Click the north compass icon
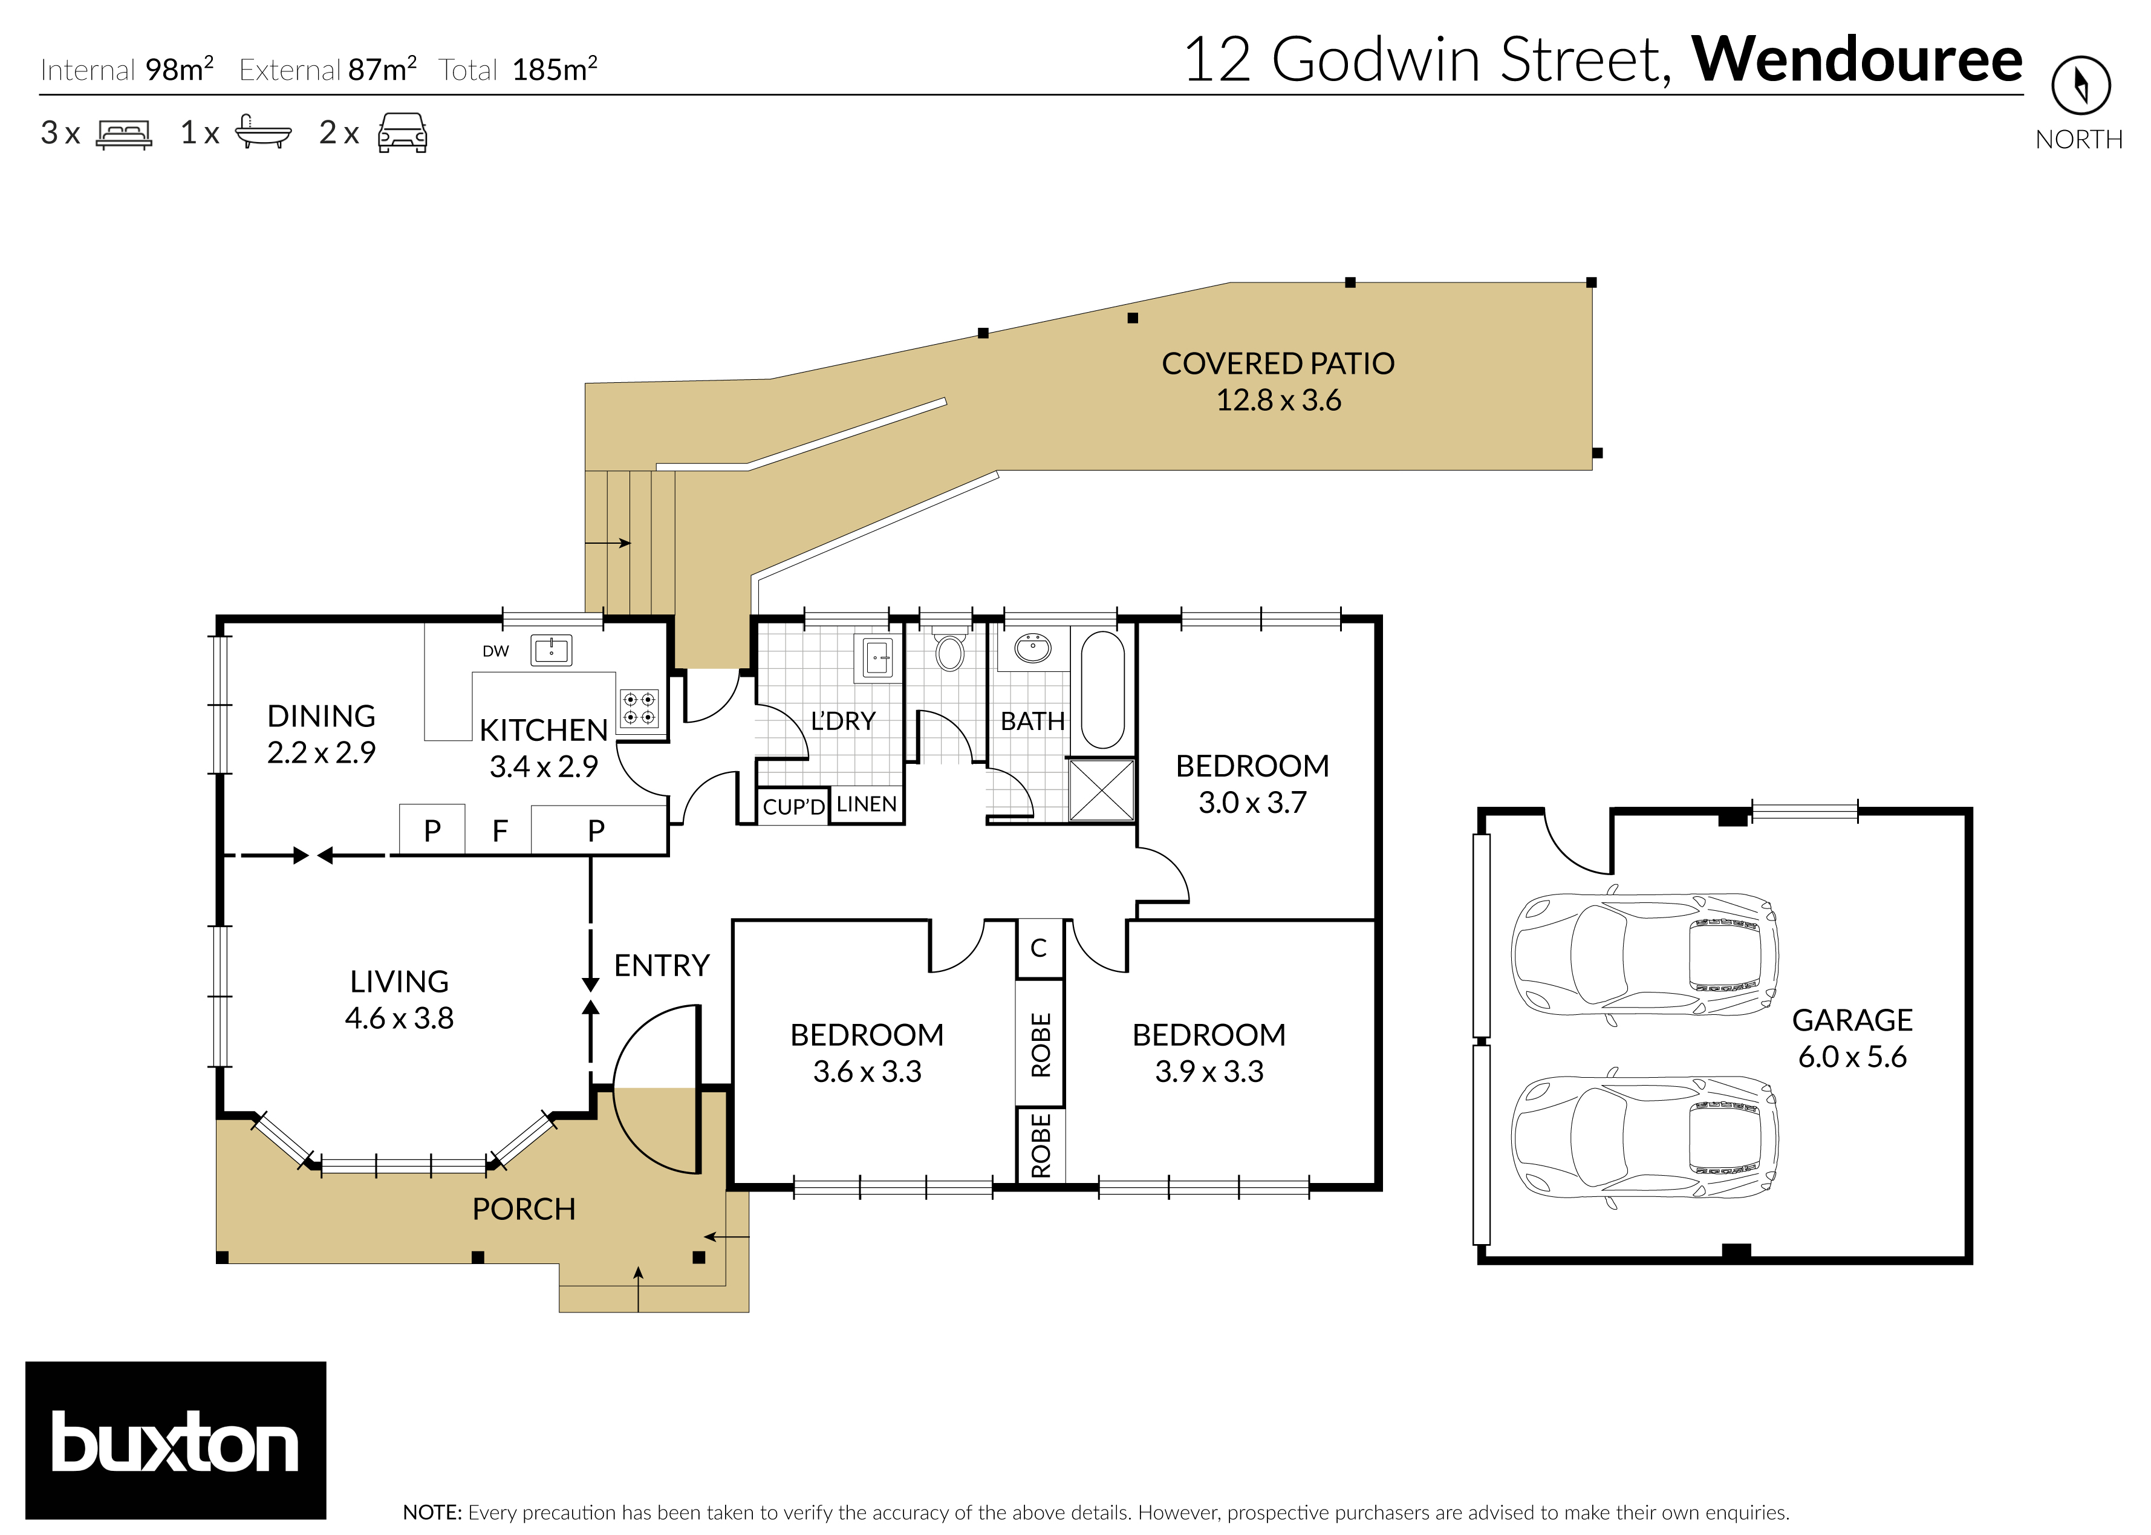(2080, 85)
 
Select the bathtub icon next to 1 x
(262, 132)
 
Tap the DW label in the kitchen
(495, 651)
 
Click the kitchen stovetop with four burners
(639, 708)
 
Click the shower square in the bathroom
(1101, 789)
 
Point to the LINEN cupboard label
(866, 804)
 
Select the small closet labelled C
(1039, 948)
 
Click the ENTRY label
(662, 965)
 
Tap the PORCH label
(524, 1209)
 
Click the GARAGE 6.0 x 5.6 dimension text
(1852, 1057)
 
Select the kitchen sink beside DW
(551, 650)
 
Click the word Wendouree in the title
(1856, 59)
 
